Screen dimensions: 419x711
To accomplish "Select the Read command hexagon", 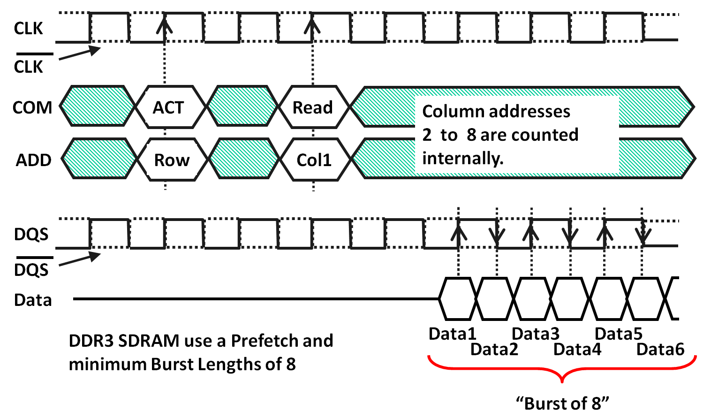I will [313, 107].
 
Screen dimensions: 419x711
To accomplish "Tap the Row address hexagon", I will [172, 160].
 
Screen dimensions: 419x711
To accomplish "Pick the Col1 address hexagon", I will [314, 160].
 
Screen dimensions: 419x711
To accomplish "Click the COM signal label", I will [32, 107].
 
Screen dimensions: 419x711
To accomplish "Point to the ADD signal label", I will [33, 160].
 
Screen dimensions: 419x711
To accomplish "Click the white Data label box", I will [33, 299].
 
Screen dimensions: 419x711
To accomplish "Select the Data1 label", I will [453, 334].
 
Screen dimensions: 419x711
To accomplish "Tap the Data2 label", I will [494, 349].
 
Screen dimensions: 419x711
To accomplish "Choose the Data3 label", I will [536, 334].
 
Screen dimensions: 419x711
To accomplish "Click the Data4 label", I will [577, 349].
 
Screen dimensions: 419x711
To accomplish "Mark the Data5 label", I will [619, 334].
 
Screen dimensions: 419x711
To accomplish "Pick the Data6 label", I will [660, 349].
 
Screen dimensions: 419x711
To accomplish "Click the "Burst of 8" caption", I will [562, 403].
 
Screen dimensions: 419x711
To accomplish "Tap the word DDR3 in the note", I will [91, 341].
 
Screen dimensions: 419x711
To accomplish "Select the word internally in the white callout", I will [462, 158].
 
